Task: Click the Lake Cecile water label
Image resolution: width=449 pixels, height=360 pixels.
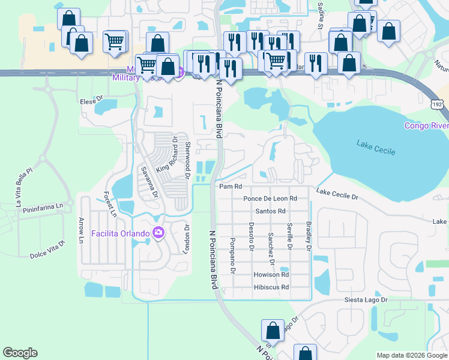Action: (376, 148)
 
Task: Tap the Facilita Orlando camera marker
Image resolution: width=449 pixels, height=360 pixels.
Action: (158, 233)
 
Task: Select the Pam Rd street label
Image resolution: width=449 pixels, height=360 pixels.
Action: (230, 187)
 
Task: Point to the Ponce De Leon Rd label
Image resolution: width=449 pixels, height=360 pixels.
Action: (270, 199)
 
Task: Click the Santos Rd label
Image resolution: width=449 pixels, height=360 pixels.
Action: (270, 211)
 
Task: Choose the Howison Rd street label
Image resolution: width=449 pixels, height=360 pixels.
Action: (271, 275)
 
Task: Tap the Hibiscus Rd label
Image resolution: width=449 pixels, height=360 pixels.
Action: (271, 287)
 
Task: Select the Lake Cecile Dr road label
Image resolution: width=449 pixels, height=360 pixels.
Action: (337, 194)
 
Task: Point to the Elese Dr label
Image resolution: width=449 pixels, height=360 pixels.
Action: (92, 102)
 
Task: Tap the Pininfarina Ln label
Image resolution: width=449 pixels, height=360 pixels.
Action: (43, 206)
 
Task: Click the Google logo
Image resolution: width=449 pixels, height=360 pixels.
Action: (20, 353)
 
